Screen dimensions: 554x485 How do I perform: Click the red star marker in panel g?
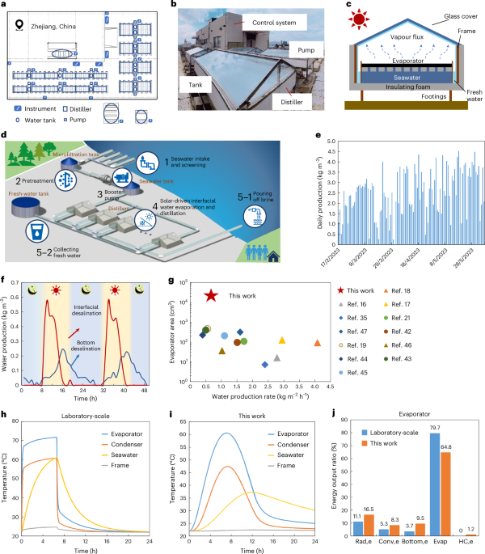[211, 296]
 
